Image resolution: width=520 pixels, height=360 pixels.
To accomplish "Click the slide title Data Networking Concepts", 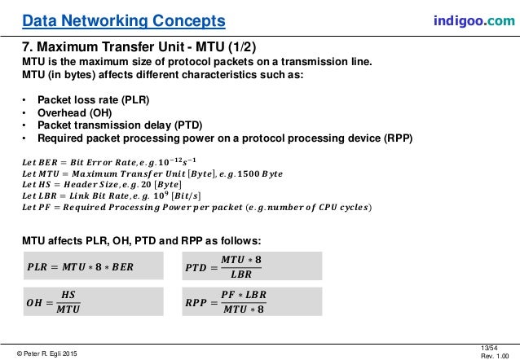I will click(125, 19).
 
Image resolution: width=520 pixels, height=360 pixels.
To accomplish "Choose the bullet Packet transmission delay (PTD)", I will click(115, 125).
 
